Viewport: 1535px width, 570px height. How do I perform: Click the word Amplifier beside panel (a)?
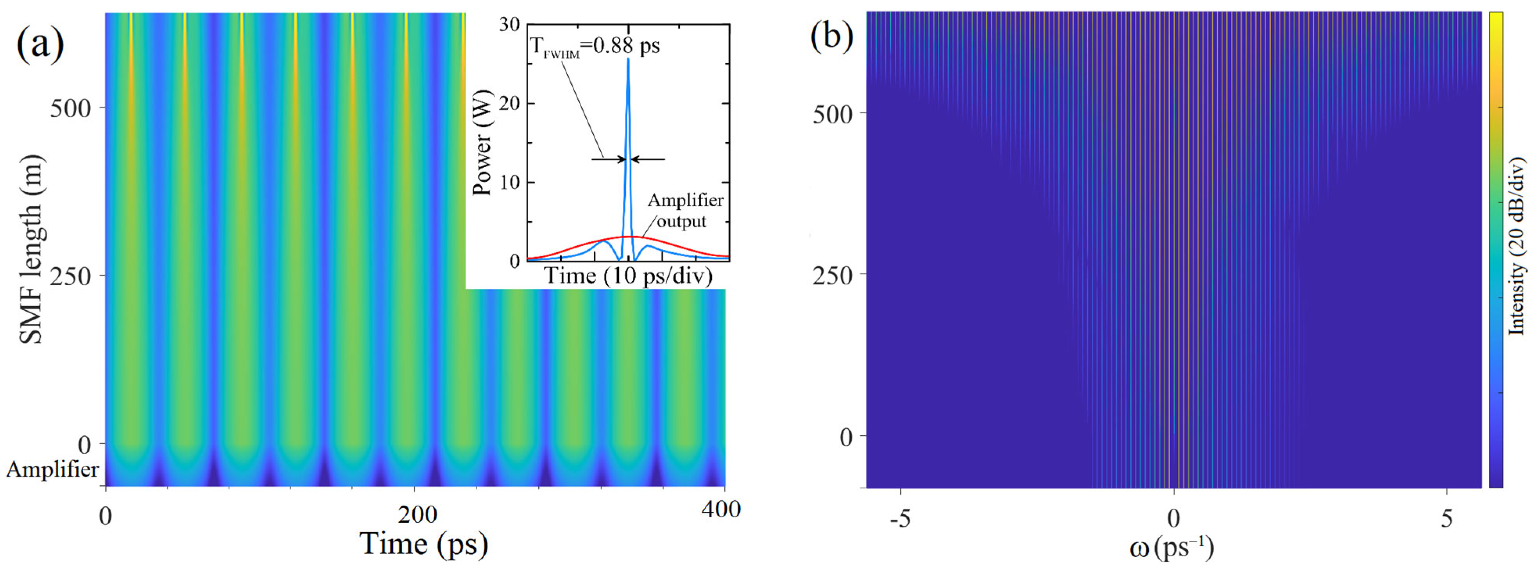(x=52, y=470)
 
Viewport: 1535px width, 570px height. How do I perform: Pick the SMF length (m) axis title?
(x=31, y=250)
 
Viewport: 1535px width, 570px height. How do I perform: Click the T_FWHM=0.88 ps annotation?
(x=595, y=46)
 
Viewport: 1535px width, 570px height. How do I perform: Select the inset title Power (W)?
(x=482, y=143)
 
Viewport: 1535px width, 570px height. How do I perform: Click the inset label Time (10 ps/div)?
(x=629, y=276)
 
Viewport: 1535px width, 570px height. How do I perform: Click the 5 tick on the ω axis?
(x=1447, y=519)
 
